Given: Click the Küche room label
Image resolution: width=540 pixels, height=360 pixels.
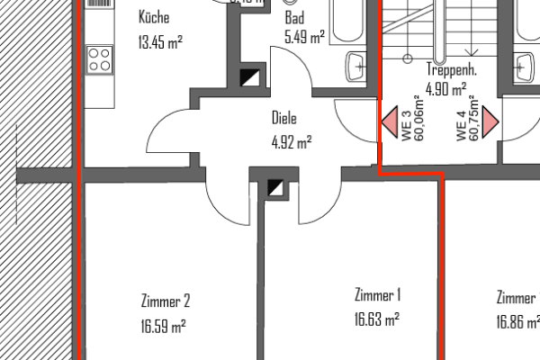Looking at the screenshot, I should (x=154, y=18).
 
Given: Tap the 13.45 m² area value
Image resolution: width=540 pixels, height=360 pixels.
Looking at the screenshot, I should (x=159, y=40).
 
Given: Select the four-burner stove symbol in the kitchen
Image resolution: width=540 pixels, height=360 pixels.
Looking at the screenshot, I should (x=99, y=60).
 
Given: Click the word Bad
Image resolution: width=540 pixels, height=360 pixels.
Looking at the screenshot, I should (x=294, y=18).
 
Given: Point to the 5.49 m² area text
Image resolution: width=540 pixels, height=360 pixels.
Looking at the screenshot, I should (x=303, y=37).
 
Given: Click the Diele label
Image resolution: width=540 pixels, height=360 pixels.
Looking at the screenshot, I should (x=284, y=118).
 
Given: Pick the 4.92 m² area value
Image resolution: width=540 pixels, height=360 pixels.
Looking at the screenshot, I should (x=291, y=140).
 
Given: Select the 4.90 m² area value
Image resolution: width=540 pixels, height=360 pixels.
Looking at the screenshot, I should (x=445, y=88).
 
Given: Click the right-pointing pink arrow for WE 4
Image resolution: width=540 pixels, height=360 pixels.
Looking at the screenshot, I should (x=490, y=121).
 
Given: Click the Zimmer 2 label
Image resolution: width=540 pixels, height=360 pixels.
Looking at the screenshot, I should (x=166, y=301).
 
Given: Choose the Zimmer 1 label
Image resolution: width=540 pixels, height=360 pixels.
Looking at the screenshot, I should (x=377, y=294).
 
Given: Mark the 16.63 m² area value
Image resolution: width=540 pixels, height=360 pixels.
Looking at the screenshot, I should (x=377, y=317).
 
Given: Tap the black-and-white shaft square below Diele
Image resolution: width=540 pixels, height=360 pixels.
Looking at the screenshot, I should (x=277, y=188).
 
